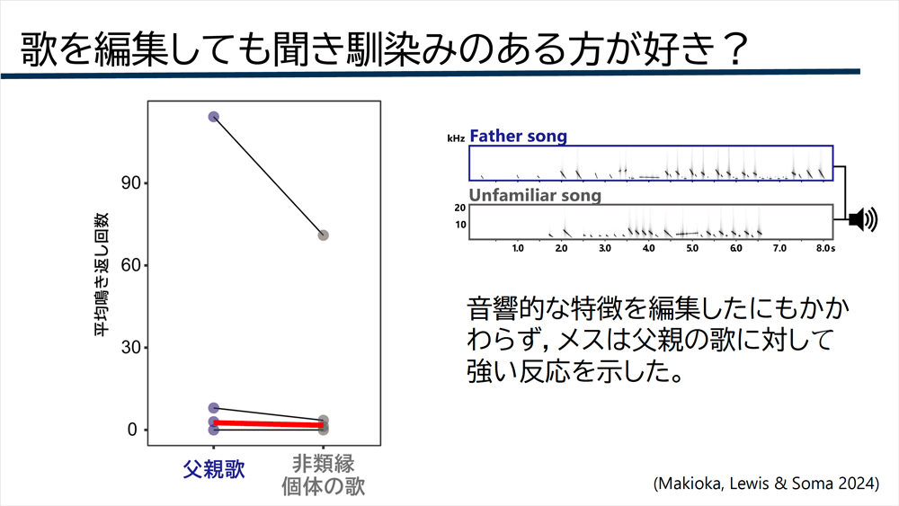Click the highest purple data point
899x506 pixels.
point(213,117)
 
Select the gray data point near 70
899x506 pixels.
point(324,235)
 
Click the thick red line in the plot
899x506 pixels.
point(268,424)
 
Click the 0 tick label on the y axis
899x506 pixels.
point(132,430)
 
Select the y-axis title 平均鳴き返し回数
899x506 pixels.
point(101,274)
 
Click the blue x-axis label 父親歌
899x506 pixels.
point(214,469)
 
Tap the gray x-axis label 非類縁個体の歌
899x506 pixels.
point(324,475)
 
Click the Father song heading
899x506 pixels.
point(519,136)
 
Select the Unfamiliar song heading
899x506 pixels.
point(535,195)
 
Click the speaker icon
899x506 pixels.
point(863,219)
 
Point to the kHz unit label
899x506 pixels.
point(456,138)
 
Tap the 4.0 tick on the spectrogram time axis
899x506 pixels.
point(648,248)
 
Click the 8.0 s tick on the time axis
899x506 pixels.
point(825,248)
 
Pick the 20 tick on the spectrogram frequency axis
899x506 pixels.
point(459,208)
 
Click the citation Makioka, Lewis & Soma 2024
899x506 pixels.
point(766,483)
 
